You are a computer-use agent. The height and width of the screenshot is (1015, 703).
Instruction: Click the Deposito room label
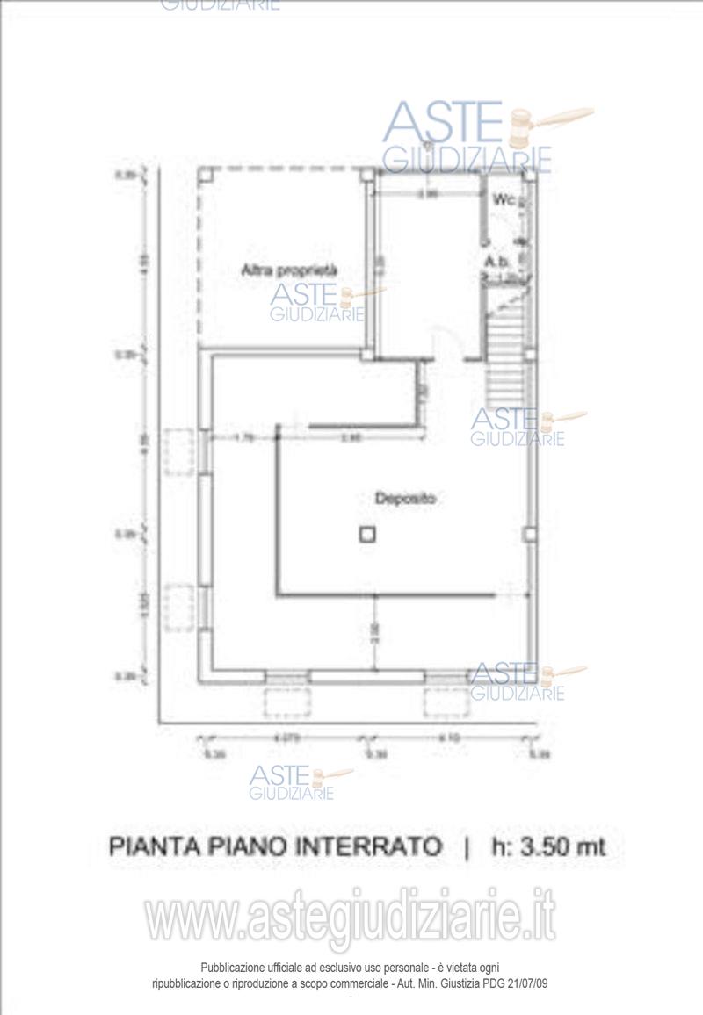point(406,498)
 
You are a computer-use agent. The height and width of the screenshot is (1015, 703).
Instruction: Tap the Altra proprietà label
point(289,271)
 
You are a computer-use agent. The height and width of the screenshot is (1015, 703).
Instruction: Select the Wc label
point(503,199)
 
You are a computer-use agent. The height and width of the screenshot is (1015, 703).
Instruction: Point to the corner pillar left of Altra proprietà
point(205,174)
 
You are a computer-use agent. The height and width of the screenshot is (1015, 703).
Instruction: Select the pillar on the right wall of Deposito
point(529,534)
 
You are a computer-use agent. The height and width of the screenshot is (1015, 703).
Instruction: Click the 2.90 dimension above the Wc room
point(428,194)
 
